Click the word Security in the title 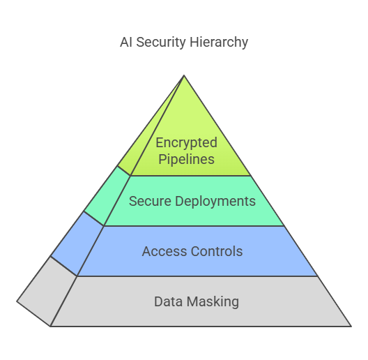coord(161,43)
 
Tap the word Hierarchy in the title coord(219,43)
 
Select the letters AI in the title coord(125,43)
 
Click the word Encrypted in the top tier coord(187,143)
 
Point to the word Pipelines coord(186,159)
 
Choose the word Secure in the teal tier coord(150,201)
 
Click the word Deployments coord(215,202)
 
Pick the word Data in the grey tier coord(168,301)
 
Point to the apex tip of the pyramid coord(184,75)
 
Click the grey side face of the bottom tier coord(47,292)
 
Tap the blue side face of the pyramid coord(77,243)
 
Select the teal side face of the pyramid coord(107,195)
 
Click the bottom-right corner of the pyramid coord(351,326)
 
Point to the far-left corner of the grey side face coord(17,301)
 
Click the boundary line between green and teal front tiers coord(190,176)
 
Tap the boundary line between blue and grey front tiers coord(197,276)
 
